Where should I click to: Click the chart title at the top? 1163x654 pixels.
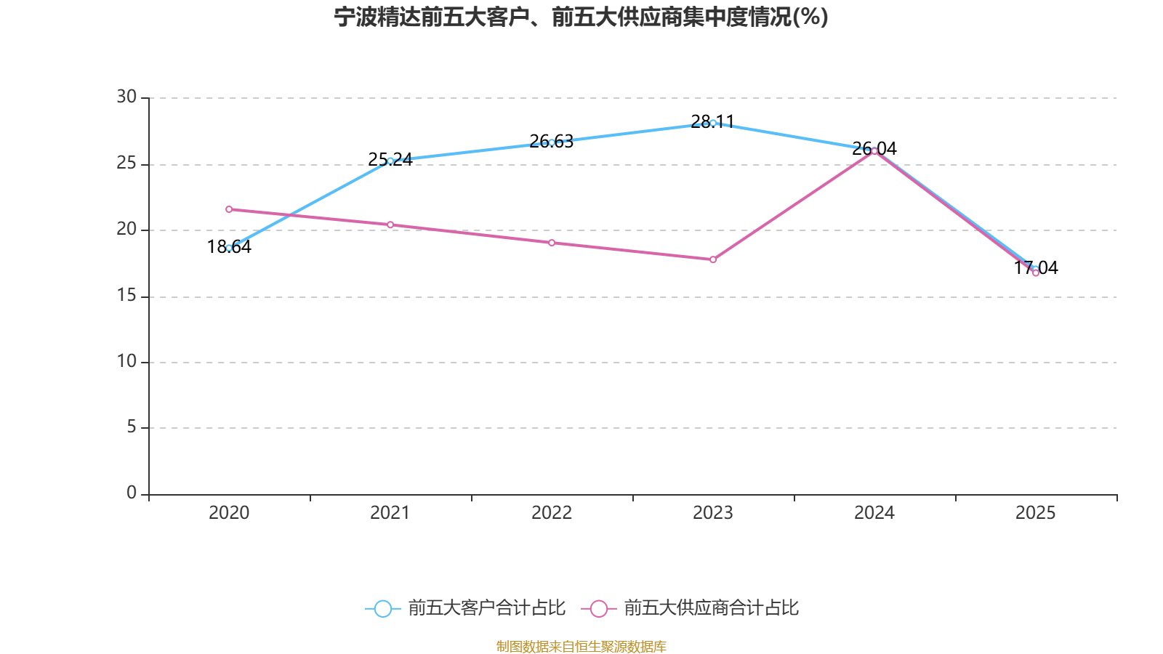(x=581, y=17)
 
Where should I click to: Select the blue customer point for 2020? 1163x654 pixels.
(x=229, y=248)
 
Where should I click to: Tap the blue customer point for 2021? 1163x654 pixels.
(x=390, y=161)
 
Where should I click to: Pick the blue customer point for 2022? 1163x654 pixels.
(x=552, y=142)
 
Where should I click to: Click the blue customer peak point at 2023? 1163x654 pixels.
(x=713, y=123)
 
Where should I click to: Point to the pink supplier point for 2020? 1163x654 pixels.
(x=229, y=209)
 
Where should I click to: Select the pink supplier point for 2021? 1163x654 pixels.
(x=390, y=225)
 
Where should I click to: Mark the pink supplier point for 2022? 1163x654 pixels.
(x=552, y=243)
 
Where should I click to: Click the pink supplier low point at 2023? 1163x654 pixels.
(x=713, y=259)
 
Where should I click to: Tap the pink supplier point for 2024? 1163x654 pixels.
(x=874, y=151)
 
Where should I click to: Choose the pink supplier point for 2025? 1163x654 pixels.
(x=1036, y=273)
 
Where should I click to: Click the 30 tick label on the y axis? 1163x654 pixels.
(x=126, y=97)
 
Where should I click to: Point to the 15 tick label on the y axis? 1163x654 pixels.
(x=126, y=295)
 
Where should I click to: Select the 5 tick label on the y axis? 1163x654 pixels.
(x=132, y=427)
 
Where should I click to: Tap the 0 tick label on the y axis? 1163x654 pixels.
(x=132, y=493)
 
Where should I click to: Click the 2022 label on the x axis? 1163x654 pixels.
(x=552, y=513)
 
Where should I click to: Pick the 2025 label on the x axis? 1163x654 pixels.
(x=1035, y=513)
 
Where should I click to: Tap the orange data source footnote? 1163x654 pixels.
(x=581, y=646)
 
